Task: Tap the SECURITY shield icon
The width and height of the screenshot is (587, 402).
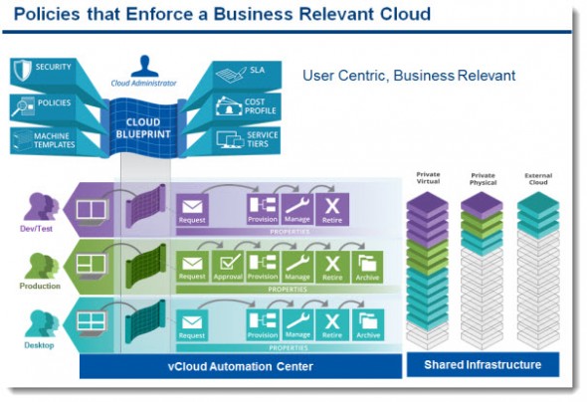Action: pos(23,71)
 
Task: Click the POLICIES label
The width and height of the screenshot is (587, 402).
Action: pos(56,102)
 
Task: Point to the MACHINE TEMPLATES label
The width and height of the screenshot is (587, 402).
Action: pos(55,140)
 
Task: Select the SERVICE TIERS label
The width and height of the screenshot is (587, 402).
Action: pos(263,140)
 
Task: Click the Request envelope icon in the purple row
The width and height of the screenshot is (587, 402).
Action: pos(192,207)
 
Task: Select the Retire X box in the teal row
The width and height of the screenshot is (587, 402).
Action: pos(332,323)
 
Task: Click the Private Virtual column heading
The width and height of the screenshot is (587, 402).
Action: pos(428,179)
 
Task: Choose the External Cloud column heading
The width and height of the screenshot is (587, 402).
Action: pos(537,179)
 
